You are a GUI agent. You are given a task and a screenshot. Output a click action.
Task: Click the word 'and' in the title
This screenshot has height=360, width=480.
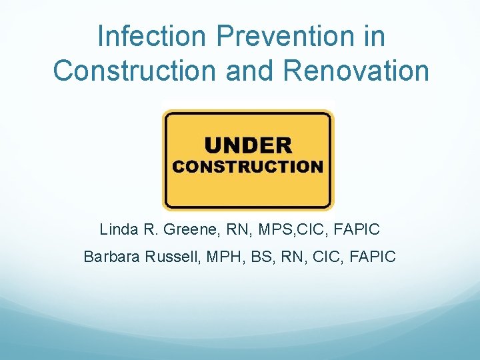(249, 71)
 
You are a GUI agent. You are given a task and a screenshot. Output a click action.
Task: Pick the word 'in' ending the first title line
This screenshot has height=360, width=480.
(374, 36)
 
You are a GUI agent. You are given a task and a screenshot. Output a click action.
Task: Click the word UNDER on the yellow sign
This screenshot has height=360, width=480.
(248, 145)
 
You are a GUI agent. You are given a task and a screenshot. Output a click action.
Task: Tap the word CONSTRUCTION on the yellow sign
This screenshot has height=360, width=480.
(248, 167)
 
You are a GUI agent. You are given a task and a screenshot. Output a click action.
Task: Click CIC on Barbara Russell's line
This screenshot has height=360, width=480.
(322, 256)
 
